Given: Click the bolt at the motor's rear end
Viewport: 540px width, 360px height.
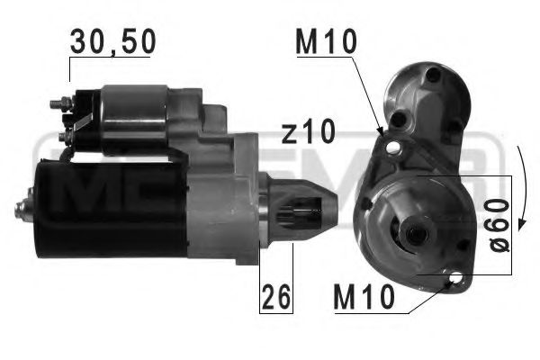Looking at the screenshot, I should [20, 211].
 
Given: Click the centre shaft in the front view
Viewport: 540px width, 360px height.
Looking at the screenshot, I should [416, 236].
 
